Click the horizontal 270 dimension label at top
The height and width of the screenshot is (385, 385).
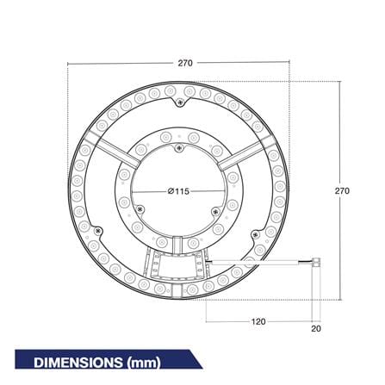(185, 63)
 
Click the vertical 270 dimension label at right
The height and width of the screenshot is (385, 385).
(342, 190)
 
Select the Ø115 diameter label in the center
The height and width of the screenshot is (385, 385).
(178, 191)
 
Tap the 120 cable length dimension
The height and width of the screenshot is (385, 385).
(258, 321)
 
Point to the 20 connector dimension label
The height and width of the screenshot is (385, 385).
(316, 328)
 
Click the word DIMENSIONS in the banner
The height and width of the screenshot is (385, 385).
(78, 363)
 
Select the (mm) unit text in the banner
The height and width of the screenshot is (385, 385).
(143, 363)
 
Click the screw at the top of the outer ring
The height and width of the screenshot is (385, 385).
(180, 102)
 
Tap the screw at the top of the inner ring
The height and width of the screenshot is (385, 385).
(179, 148)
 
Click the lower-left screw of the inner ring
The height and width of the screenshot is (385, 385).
(140, 208)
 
